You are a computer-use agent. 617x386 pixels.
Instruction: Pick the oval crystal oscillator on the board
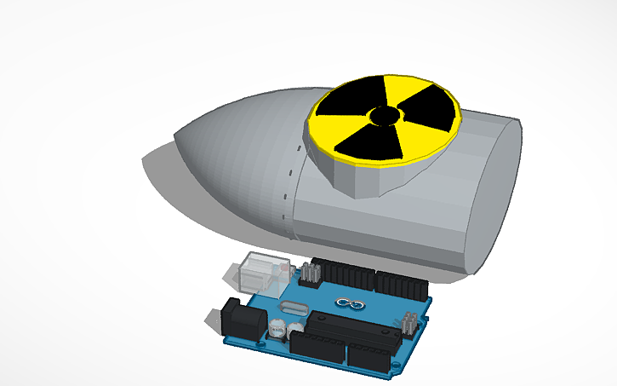294,308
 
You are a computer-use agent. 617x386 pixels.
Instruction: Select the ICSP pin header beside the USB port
310,274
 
